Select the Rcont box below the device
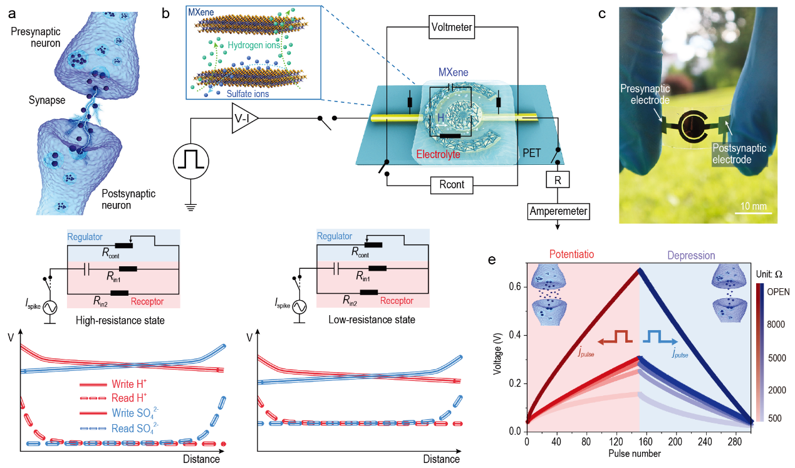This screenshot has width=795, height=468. click(451, 185)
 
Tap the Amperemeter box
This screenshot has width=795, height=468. click(559, 211)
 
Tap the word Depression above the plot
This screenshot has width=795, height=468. click(692, 255)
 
